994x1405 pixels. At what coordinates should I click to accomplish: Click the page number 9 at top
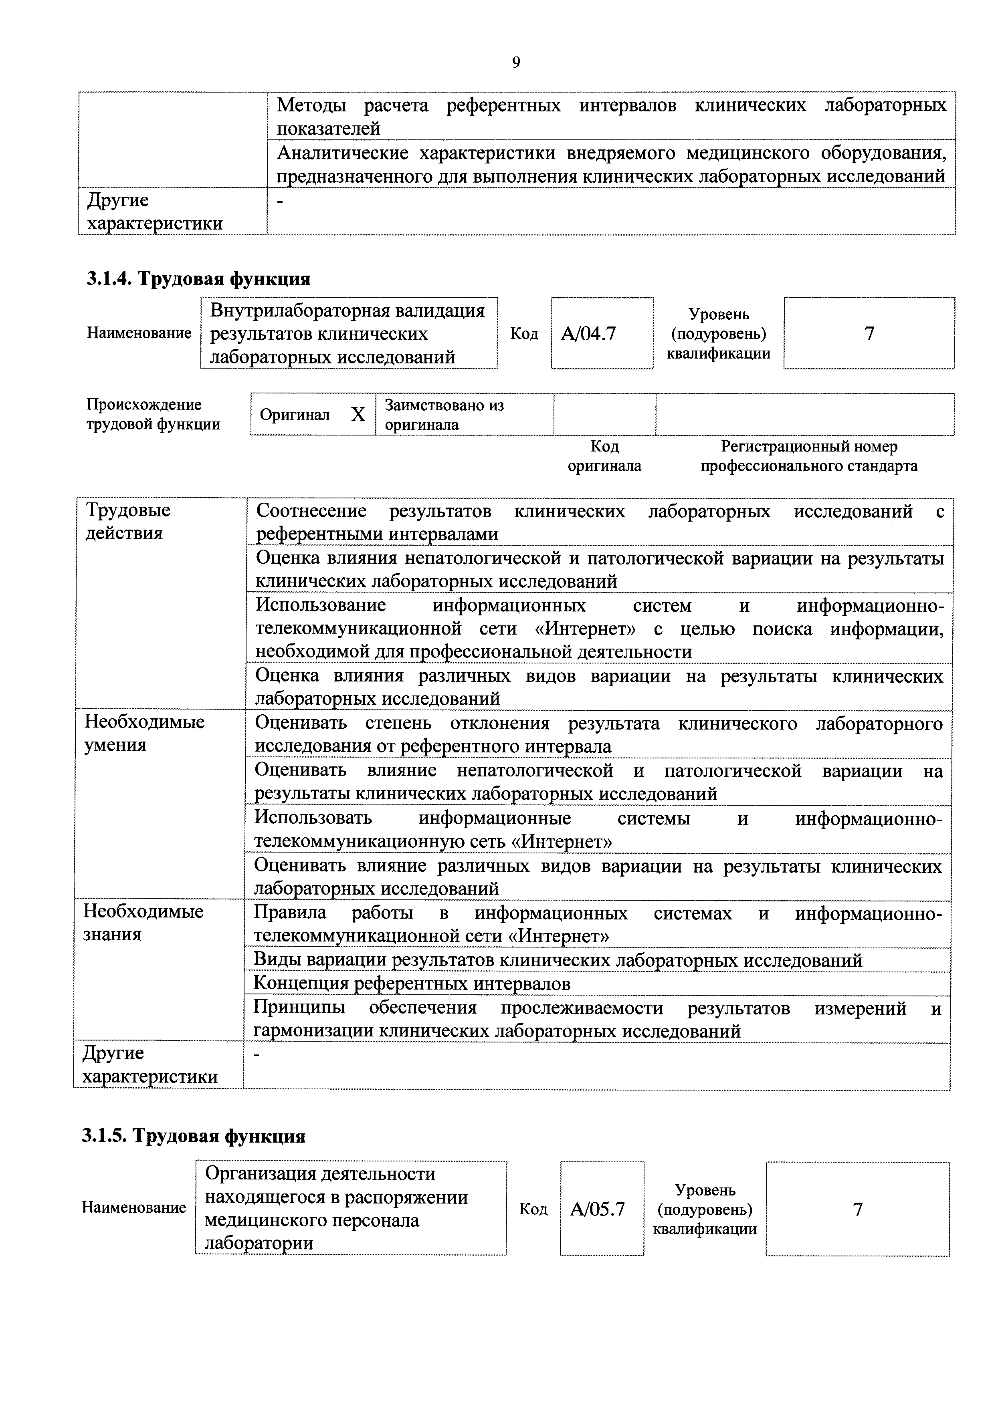click(x=515, y=62)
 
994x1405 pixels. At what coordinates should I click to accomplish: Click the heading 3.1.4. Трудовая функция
click(x=198, y=279)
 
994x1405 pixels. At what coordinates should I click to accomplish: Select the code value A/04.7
click(x=588, y=333)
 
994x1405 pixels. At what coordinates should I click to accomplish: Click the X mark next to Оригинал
click(x=358, y=415)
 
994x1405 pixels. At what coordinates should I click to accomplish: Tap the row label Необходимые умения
click(x=144, y=733)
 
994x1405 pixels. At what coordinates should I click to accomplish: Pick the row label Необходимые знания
click(x=143, y=922)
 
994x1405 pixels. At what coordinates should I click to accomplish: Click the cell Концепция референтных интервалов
click(x=412, y=984)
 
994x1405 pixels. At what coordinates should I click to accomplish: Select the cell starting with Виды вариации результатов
click(x=558, y=960)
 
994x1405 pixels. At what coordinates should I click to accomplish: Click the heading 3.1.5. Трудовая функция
click(x=194, y=1136)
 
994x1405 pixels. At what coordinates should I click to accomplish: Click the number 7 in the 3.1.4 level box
click(x=869, y=333)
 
